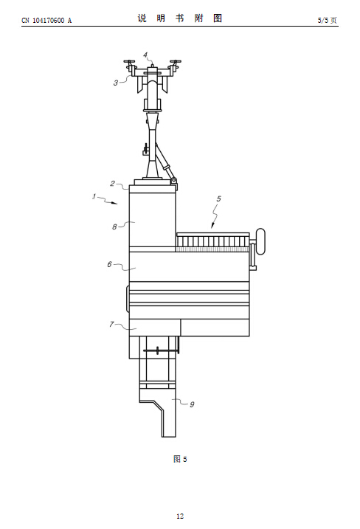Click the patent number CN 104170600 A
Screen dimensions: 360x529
pos(46,21)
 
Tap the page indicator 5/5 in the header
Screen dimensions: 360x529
pos(322,20)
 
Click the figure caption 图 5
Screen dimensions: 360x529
pos(180,459)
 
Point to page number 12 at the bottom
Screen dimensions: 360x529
pos(180,516)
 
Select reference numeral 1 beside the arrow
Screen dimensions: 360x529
pos(94,196)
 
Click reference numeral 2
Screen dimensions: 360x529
pos(112,184)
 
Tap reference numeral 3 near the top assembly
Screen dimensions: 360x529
pos(116,83)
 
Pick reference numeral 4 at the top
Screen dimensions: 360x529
pos(145,55)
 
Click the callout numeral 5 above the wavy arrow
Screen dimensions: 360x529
pos(218,198)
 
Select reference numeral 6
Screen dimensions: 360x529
pos(109,264)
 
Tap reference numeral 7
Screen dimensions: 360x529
pos(111,324)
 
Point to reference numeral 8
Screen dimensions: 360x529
pos(114,227)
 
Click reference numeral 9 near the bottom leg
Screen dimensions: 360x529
pos(192,404)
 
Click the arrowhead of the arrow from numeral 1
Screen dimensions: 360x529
pos(115,203)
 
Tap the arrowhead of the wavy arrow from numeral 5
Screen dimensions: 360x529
pos(212,225)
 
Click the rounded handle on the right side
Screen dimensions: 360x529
pos(260,241)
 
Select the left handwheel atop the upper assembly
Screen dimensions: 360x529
pos(129,62)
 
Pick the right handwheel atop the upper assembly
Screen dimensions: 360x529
pos(176,62)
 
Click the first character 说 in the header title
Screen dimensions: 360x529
pos(142,18)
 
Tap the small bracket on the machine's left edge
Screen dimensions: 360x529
pos(128,299)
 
